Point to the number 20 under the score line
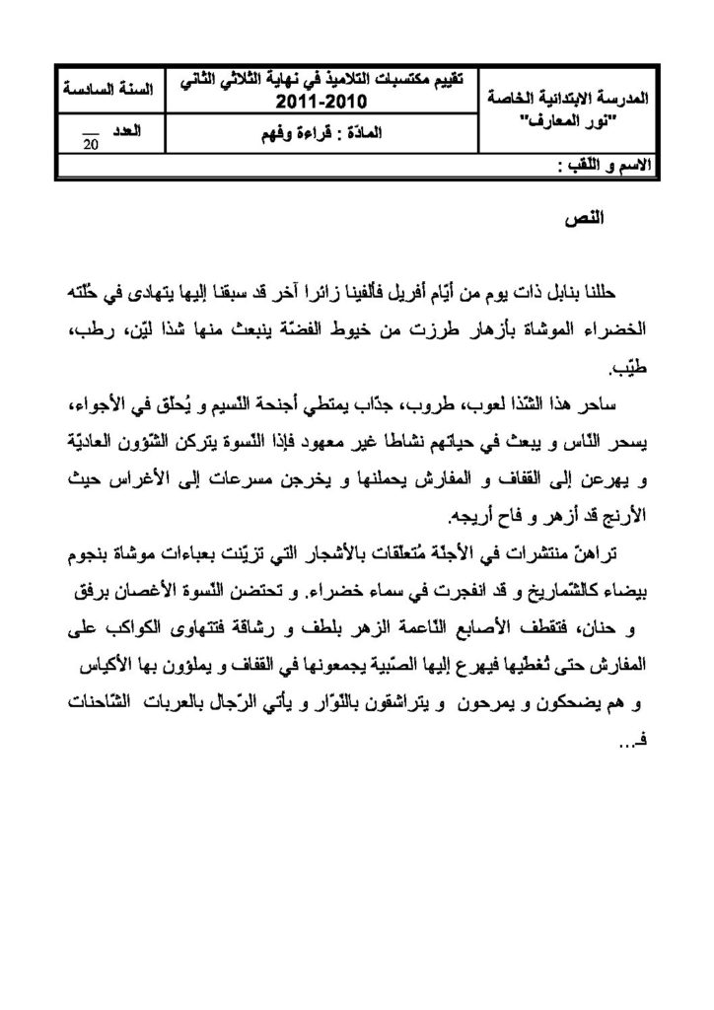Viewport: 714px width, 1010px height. tap(91, 145)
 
